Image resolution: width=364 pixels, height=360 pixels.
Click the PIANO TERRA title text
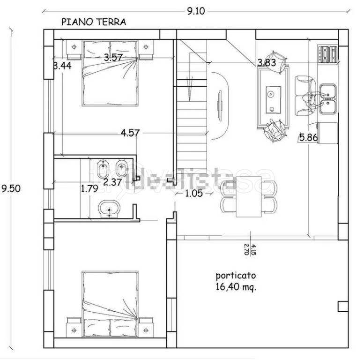[94, 22]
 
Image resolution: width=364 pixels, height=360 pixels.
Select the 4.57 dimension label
[130, 133]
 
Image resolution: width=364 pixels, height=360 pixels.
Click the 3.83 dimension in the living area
[266, 62]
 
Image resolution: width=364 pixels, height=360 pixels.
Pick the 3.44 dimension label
[62, 66]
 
